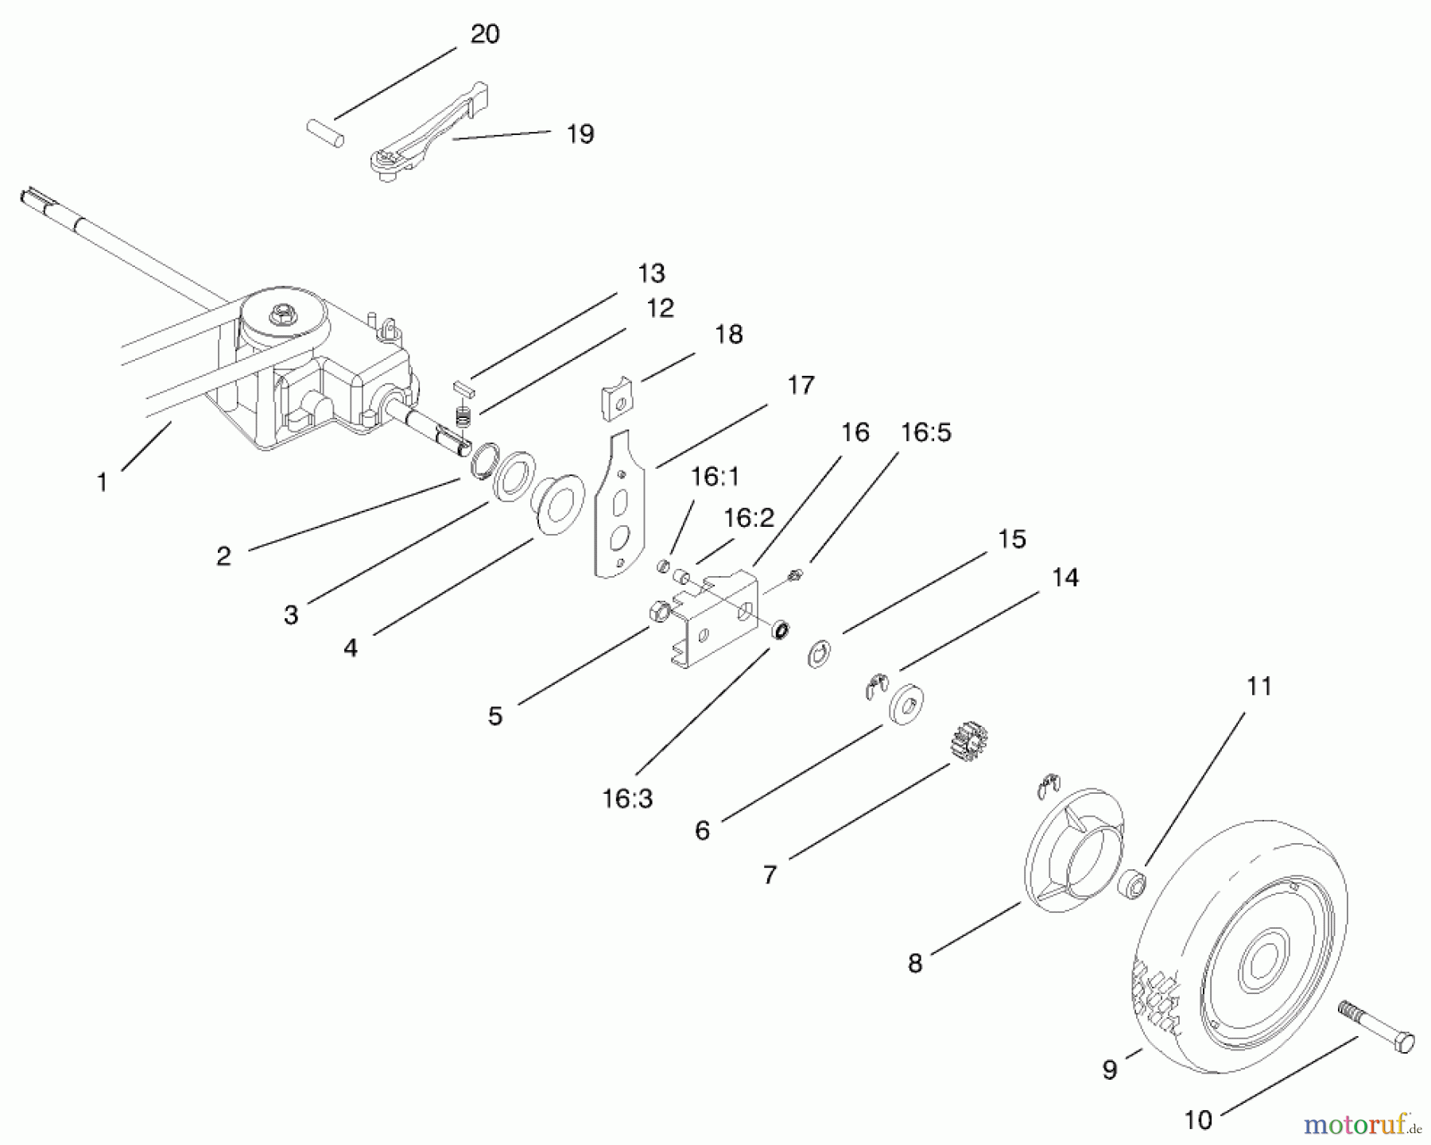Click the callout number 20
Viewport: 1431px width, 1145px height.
click(x=484, y=35)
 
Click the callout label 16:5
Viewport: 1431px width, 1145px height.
click(x=926, y=433)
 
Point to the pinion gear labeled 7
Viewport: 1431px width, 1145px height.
click(x=968, y=740)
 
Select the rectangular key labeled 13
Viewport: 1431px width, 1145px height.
click(x=461, y=388)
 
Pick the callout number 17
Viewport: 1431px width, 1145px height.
click(x=801, y=385)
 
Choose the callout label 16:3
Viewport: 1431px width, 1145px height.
click(x=627, y=799)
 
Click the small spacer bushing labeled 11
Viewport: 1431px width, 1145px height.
click(x=1131, y=884)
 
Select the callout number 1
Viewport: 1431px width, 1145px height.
click(x=102, y=482)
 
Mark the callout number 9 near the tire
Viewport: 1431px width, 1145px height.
click(x=1110, y=1070)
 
